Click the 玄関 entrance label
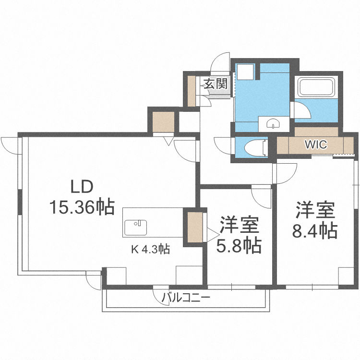216,84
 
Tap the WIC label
316,144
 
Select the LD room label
82,186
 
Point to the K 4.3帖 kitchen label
150,249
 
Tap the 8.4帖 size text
314,230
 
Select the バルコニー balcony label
186,298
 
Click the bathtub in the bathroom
317,87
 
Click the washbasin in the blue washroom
273,124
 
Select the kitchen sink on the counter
136,228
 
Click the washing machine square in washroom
245,72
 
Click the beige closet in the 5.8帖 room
195,228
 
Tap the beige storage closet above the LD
164,122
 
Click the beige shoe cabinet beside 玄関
192,91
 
